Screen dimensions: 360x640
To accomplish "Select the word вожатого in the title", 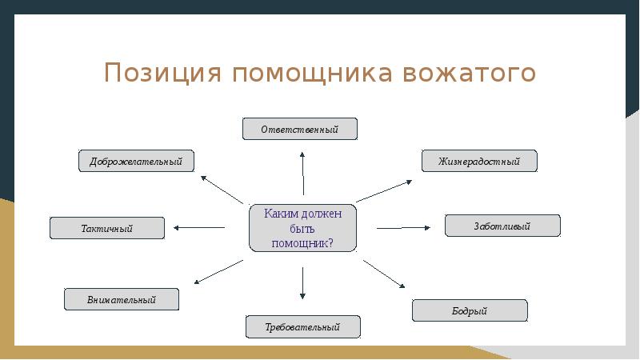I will pos(470,73).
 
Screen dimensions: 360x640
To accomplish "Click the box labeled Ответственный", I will pos(300,129).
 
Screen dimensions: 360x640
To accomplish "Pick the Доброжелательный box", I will pos(136,161).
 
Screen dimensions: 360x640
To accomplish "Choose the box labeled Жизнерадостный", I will pos(479,161).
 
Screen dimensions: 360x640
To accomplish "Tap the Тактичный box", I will pos(107,228).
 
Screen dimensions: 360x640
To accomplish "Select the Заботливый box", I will pos(502,226).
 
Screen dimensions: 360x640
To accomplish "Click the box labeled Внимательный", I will pos(122,299).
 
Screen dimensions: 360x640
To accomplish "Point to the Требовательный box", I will pos(303,326).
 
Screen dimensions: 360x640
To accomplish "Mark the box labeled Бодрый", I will pos(470,310).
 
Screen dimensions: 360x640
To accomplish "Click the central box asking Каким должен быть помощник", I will pos(302,229).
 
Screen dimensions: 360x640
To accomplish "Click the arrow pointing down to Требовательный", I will pos(303,283).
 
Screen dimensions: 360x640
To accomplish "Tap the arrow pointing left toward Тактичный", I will pos(199,228).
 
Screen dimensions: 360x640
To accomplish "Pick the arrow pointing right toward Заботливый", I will pos(403,228).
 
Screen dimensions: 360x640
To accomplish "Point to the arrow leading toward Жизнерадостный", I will pos(384,190).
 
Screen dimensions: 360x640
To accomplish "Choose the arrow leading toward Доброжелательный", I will pos(222,189).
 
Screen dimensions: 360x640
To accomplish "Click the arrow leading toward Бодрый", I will pos(385,274).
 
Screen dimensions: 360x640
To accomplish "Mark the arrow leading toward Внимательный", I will pos(218,272).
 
